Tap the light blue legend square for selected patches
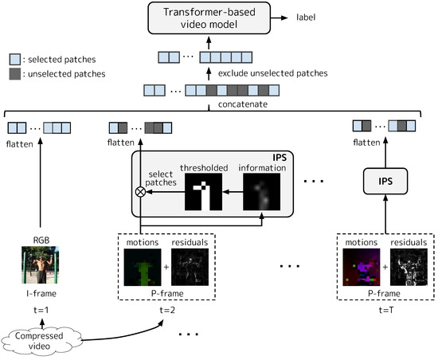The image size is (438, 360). pyautogui.click(x=14, y=58)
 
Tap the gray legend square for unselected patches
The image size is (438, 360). pyautogui.click(x=14, y=73)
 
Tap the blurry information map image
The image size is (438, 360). pyautogui.click(x=264, y=192)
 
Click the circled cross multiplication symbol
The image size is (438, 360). pyautogui.click(x=141, y=192)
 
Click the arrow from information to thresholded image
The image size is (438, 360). pyautogui.click(x=234, y=192)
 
